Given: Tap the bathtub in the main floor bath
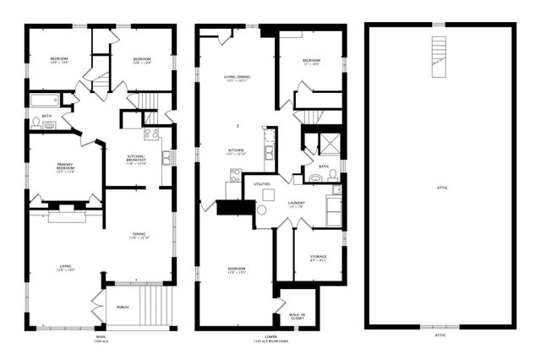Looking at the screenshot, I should pos(44,101).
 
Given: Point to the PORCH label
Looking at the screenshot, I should pos(122,307).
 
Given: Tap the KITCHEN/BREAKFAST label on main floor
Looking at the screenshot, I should pos(136,161).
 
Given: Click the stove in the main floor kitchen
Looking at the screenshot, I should pos(151,134).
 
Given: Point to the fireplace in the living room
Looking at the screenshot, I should pos(65,217).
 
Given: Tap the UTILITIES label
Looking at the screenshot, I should pos(261,183).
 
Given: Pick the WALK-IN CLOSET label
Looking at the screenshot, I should pos(297,316).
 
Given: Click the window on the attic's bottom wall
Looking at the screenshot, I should pos(440,327).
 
